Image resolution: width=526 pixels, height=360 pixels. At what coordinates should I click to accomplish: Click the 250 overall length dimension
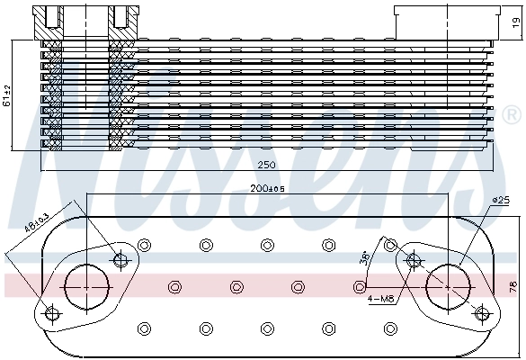266,166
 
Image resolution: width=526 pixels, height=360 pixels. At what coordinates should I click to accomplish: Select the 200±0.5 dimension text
267,189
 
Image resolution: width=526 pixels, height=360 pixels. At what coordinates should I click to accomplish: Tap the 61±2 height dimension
6,94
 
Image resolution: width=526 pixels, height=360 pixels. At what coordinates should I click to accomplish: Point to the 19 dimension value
515,22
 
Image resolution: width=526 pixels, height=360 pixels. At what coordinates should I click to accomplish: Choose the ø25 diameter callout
500,200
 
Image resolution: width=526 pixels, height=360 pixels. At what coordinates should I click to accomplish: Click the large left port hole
88,285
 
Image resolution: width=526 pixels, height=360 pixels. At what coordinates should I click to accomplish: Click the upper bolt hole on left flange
121,260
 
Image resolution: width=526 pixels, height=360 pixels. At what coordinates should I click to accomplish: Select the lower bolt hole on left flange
51,313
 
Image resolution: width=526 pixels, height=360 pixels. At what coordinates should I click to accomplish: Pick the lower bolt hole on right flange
483,312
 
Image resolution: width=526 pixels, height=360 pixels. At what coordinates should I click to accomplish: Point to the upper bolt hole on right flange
415,261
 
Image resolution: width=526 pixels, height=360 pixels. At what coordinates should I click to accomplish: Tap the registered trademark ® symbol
512,116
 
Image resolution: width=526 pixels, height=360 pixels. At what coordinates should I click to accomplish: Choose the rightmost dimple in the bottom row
389,328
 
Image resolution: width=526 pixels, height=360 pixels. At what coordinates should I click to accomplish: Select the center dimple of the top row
267,245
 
